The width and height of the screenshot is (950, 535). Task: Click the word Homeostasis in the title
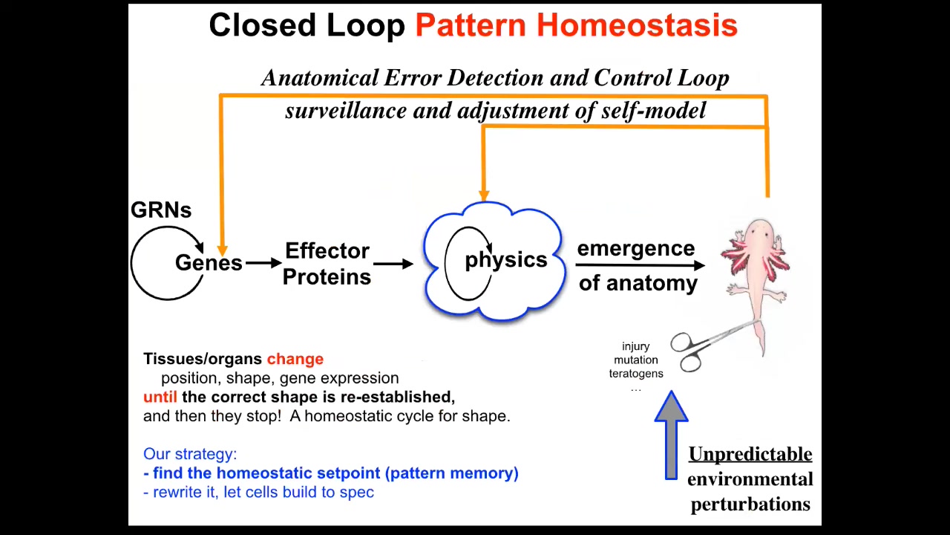pyautogui.click(x=637, y=25)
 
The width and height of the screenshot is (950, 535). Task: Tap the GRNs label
pyautogui.click(x=161, y=210)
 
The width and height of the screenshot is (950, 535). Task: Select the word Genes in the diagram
pyautogui.click(x=209, y=262)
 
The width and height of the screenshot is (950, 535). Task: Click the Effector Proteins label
pyautogui.click(x=327, y=264)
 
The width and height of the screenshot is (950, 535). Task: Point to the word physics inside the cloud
pyautogui.click(x=506, y=259)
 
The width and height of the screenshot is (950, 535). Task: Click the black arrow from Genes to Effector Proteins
pyautogui.click(x=263, y=263)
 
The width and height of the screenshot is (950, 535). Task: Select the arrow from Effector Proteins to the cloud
pyautogui.click(x=393, y=264)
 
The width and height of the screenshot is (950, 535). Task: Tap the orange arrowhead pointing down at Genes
pyautogui.click(x=222, y=250)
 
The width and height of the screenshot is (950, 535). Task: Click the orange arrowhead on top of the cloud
pyautogui.click(x=484, y=195)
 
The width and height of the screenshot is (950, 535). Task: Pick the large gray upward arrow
pyautogui.click(x=671, y=435)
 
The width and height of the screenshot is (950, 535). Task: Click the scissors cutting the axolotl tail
pyautogui.click(x=709, y=346)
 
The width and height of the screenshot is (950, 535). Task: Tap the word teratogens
pyautogui.click(x=636, y=374)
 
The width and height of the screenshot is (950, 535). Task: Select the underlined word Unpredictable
pyautogui.click(x=750, y=454)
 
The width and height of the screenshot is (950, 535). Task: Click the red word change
pyautogui.click(x=295, y=359)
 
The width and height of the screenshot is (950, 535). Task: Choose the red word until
pyautogui.click(x=160, y=397)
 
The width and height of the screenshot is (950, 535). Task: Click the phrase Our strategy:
pyautogui.click(x=190, y=454)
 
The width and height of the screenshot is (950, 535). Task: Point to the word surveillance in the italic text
pyautogui.click(x=346, y=111)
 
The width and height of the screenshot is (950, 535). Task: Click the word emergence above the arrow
pyautogui.click(x=636, y=249)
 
